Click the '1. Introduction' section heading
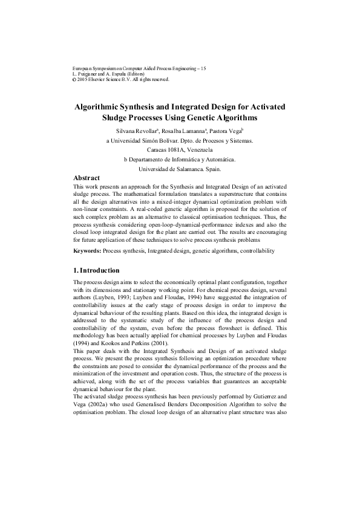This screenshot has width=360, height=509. pos(96,270)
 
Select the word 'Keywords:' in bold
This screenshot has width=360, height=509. pos(87,250)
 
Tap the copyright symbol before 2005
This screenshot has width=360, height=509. pos(74,79)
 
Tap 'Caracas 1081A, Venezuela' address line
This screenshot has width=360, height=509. pos(180,149)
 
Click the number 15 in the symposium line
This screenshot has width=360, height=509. pos(203,70)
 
